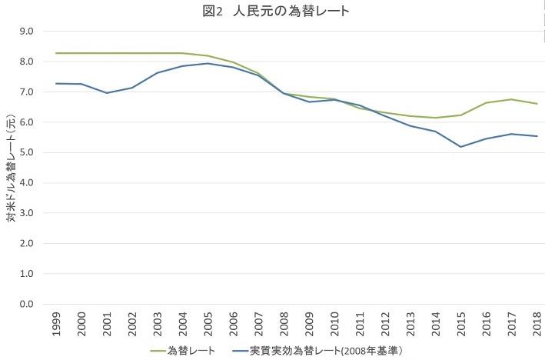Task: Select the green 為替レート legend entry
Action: coord(184,350)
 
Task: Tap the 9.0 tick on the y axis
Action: coord(27,32)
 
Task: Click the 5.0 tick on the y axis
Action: coord(27,153)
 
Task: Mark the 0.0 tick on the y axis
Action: coord(27,305)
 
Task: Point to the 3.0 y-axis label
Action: coord(27,214)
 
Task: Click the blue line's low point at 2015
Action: coord(461,147)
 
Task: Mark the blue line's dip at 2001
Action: coord(107,93)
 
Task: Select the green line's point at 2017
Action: coord(511,99)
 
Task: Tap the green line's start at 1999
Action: coord(56,53)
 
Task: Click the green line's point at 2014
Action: coord(436,118)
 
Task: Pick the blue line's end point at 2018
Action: coord(536,136)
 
